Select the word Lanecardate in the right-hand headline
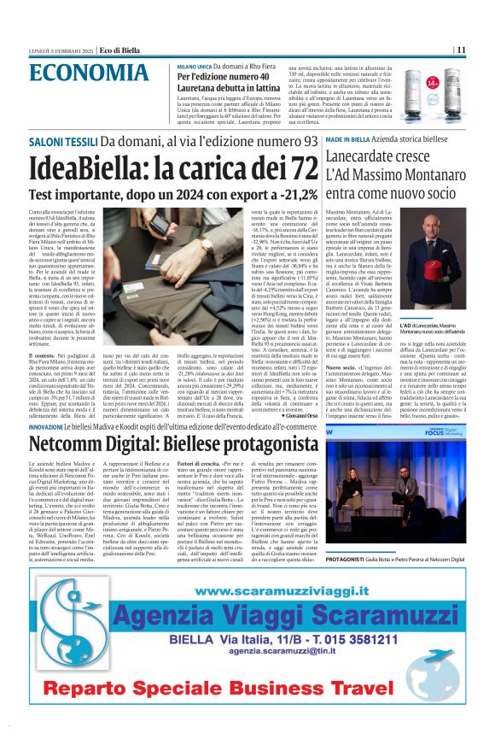click(x=379, y=157)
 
